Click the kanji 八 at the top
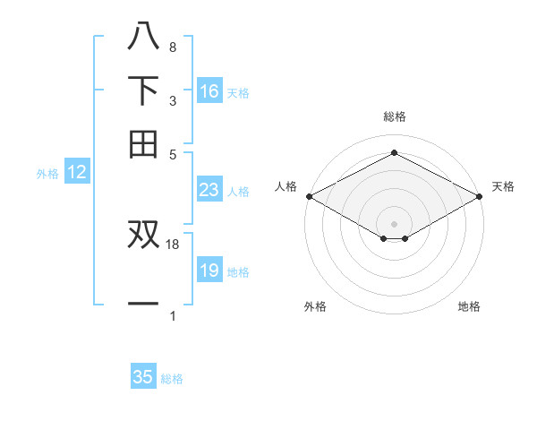click(x=143, y=36)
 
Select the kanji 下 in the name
click(x=143, y=90)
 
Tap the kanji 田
click(x=143, y=144)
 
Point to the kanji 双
click(x=143, y=234)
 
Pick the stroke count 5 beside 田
click(x=173, y=154)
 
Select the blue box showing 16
click(x=209, y=90)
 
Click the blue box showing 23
click(x=209, y=190)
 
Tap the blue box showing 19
click(x=209, y=271)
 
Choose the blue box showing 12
click(x=76, y=173)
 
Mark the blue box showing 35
click(x=143, y=377)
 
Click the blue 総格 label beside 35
click(x=172, y=379)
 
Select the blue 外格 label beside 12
click(x=47, y=175)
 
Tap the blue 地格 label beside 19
click(x=238, y=272)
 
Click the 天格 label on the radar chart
click(x=503, y=186)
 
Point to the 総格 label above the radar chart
click(x=394, y=116)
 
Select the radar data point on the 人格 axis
click(x=308, y=195)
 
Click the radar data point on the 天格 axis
click(x=480, y=195)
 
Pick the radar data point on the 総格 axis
click(x=394, y=153)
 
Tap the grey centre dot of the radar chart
click(x=394, y=222)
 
